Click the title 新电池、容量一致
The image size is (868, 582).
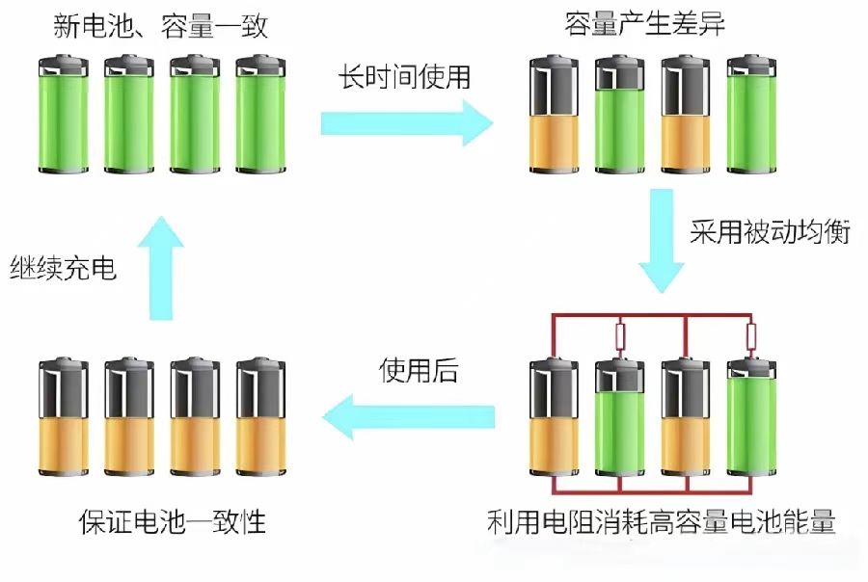pyautogui.click(x=160, y=26)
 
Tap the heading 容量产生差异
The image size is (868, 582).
pyautogui.click(x=644, y=24)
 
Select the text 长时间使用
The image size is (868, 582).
pyautogui.click(x=405, y=76)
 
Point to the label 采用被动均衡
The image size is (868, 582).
pyautogui.click(x=770, y=231)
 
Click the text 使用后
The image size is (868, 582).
pyautogui.click(x=420, y=370)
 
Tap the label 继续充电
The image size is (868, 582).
pyautogui.click(x=63, y=268)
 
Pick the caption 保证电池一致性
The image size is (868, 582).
pyautogui.click(x=173, y=521)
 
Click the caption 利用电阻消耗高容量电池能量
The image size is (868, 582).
pyautogui.click(x=662, y=521)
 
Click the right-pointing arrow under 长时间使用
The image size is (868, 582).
pyautogui.click(x=407, y=123)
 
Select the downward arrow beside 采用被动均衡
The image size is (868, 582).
pyautogui.click(x=662, y=241)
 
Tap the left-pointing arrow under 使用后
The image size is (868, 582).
pyautogui.click(x=409, y=416)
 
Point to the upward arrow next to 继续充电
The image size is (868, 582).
pyautogui.click(x=161, y=268)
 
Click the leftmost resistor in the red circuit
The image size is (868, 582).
pyautogui.click(x=620, y=336)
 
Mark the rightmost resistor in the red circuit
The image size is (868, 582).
pyautogui.click(x=751, y=336)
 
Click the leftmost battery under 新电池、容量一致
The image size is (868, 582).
pyautogui.click(x=64, y=114)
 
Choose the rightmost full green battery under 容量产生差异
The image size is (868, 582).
pyautogui.click(x=751, y=114)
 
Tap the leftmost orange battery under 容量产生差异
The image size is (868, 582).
pyautogui.click(x=555, y=114)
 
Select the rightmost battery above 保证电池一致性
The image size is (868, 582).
pyautogui.click(x=260, y=416)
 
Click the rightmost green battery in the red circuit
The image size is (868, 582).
pyautogui.click(x=751, y=416)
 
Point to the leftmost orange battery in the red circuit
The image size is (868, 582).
pyautogui.click(x=555, y=416)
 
